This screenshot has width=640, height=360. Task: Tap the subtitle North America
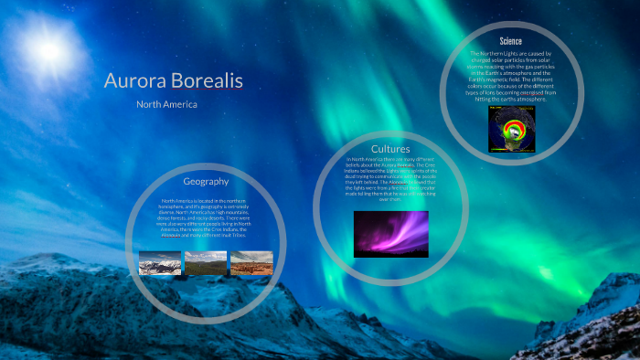click(166, 104)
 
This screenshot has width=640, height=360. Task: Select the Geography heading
click(206, 181)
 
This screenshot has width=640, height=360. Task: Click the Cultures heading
click(390, 149)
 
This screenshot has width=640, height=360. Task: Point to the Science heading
click(511, 41)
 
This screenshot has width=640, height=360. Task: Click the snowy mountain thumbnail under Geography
click(159, 263)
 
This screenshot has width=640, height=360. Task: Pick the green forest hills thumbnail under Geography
click(205, 263)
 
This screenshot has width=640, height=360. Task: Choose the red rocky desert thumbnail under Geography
click(251, 263)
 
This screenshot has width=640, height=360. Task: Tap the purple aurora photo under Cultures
click(390, 233)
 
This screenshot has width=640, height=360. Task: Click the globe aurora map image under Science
click(512, 128)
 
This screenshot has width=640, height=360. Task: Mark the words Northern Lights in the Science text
click(495, 53)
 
